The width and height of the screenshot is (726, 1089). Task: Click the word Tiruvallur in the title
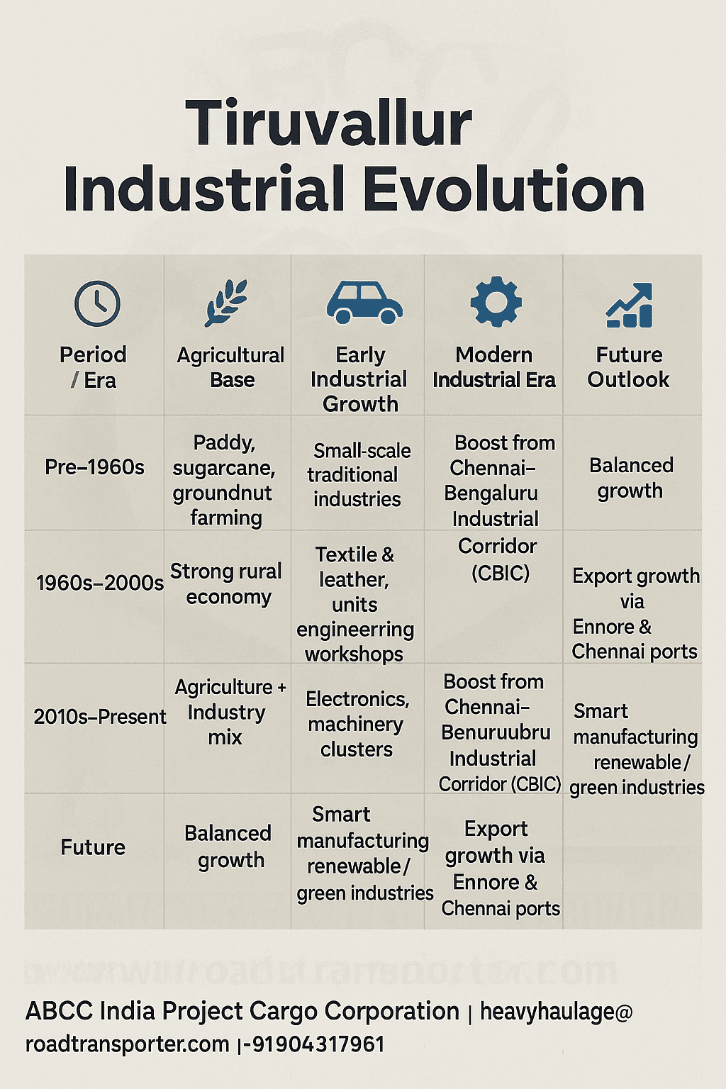328,123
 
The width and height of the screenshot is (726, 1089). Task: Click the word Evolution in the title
504,189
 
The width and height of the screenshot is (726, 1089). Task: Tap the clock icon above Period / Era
97,303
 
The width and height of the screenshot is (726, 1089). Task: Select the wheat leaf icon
226,303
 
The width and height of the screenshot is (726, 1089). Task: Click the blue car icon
364,303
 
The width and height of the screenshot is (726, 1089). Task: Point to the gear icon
496,303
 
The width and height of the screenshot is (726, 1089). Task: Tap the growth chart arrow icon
630,305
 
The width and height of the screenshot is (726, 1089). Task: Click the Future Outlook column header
628,367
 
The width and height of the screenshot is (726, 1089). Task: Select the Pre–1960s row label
94,467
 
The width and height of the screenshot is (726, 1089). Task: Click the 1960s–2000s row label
99,583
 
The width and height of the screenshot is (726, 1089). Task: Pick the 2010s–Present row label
99,717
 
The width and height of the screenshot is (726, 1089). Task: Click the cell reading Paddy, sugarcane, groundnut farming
225,480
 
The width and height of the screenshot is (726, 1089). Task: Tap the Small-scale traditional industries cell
358,474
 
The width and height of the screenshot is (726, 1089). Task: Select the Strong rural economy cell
226,583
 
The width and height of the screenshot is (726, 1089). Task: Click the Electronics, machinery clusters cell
357,724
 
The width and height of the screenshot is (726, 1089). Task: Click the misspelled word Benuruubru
496,732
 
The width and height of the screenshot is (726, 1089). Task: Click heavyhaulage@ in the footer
556,1012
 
